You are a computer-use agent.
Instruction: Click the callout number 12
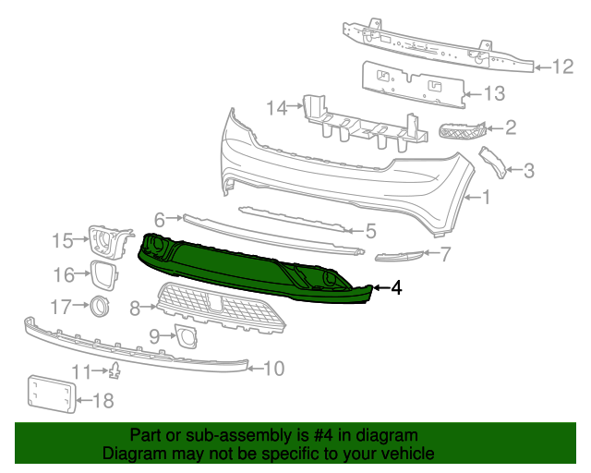563,66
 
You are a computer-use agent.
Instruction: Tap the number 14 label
277,108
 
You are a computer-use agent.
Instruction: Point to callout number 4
396,287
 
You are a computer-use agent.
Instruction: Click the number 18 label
103,400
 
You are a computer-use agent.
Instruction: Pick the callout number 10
273,369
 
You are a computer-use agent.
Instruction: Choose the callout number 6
159,220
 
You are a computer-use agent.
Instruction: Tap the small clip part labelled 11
116,371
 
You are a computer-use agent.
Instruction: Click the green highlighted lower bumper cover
240,268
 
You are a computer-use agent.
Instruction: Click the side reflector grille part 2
461,133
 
